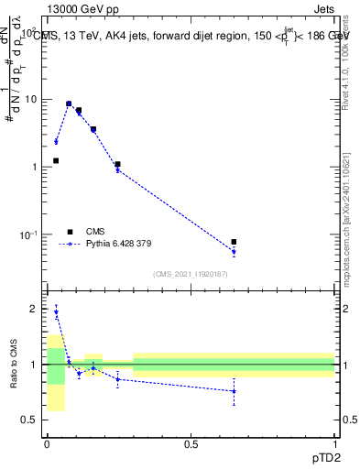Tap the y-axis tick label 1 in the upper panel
(33, 167)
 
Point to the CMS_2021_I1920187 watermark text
(191, 275)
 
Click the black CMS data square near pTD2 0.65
(234, 242)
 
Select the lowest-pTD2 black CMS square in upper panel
(56, 160)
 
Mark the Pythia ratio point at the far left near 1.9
(56, 312)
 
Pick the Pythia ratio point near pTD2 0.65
(234, 391)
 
